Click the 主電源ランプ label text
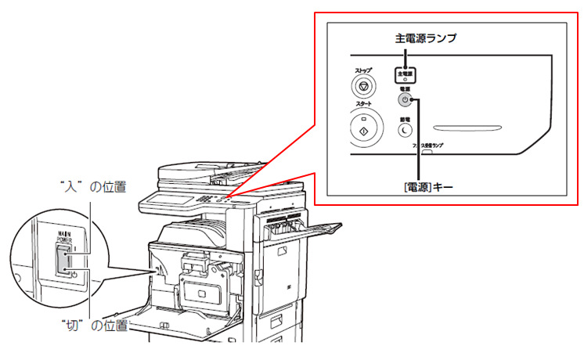click(424, 37)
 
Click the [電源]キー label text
click(420, 186)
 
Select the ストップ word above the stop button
click(363, 70)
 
